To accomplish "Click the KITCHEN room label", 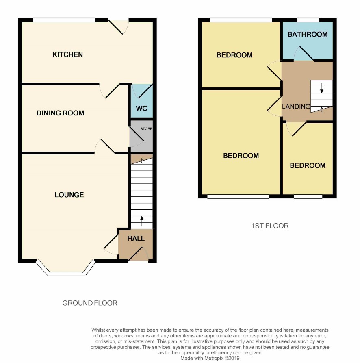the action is [x=67, y=54].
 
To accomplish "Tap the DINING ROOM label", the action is [x=61, y=113].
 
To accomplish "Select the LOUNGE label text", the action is [x=69, y=195].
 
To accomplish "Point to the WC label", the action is [x=141, y=109].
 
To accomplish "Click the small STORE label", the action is [x=146, y=129].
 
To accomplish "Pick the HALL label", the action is [x=136, y=239].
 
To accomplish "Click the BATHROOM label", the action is [x=308, y=34].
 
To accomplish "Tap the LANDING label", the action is [x=296, y=107].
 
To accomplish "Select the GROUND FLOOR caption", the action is [x=90, y=303].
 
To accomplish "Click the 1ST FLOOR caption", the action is [x=270, y=226].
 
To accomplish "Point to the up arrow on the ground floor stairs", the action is [x=141, y=221].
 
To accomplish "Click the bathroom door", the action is [x=304, y=54].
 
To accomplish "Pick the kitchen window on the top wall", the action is [x=64, y=20].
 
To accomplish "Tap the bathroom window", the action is [x=308, y=20].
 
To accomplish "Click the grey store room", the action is [x=141, y=136].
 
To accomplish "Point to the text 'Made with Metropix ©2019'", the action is [x=210, y=359].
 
